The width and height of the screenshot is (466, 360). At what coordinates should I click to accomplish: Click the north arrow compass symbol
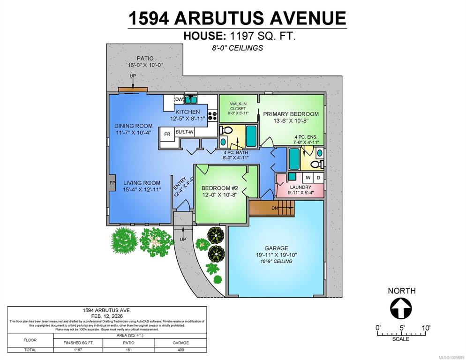401,308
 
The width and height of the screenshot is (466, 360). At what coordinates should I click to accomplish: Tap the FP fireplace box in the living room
112,183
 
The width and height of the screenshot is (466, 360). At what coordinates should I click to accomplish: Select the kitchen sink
190,100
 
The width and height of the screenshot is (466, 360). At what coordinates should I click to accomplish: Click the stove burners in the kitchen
212,115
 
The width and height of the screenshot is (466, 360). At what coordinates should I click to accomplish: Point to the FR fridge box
167,134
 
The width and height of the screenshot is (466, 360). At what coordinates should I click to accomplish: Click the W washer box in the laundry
308,178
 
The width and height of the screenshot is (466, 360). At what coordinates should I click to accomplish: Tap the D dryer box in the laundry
318,178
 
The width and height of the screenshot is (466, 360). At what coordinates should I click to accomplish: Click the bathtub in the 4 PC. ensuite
294,159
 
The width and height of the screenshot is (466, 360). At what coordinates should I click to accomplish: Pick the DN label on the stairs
275,208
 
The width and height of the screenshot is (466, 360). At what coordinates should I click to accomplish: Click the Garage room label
277,248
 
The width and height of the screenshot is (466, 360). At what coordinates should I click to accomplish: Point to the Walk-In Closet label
238,106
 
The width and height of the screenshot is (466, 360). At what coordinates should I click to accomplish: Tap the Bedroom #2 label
220,188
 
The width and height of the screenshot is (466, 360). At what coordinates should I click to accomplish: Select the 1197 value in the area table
78,350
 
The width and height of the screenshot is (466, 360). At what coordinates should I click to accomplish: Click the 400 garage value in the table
180,350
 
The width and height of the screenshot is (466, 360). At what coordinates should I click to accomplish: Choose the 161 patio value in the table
128,350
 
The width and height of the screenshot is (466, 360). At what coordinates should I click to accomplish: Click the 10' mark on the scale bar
426,328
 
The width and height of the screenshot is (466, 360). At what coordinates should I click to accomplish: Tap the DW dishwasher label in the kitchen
179,99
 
